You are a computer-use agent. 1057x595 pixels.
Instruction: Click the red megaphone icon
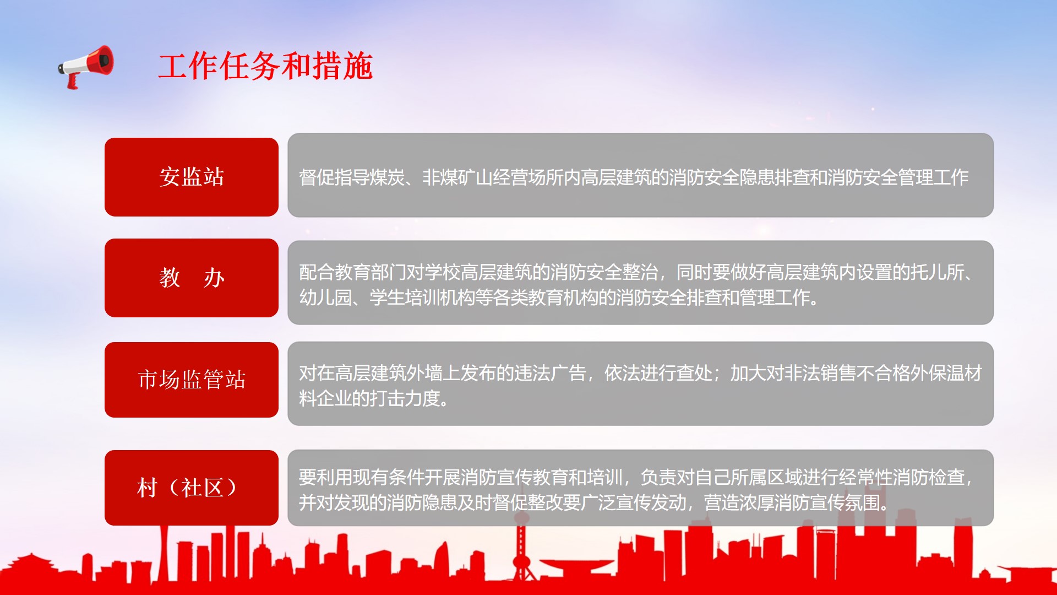[86, 66]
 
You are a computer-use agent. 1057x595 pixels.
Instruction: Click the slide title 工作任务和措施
[265, 66]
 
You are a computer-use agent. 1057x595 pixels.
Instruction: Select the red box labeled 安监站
[192, 177]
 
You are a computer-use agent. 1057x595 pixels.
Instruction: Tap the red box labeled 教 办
[192, 278]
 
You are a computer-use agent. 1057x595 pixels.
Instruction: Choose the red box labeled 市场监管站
[192, 380]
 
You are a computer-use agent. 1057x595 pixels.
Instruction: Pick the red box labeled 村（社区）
[192, 488]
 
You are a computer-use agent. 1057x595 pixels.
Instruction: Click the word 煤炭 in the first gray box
[387, 177]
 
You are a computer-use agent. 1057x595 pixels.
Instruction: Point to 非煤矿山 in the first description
[457, 177]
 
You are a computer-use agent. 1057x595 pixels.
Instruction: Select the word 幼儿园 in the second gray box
[325, 297]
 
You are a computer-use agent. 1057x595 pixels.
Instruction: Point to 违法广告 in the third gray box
[551, 374]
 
